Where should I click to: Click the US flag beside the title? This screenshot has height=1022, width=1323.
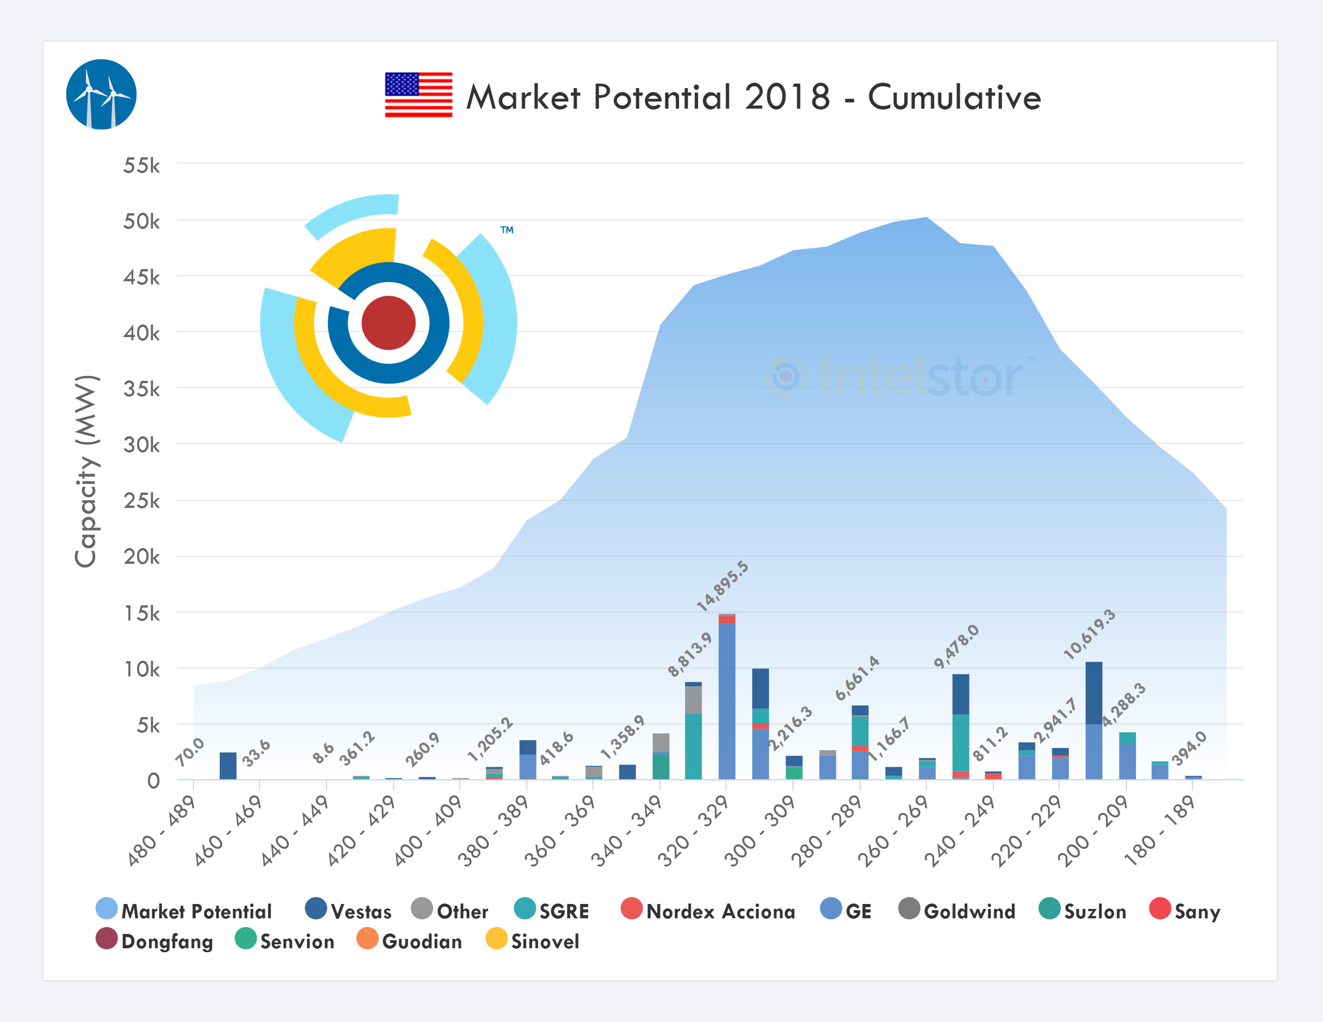pyautogui.click(x=419, y=95)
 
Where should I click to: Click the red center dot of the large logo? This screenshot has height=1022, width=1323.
pyautogui.click(x=388, y=323)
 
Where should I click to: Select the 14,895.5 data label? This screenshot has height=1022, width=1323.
pyautogui.click(x=722, y=586)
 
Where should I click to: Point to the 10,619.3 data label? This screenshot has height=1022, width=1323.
pyautogui.click(x=1089, y=634)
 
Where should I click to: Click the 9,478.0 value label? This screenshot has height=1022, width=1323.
pyautogui.click(x=956, y=646)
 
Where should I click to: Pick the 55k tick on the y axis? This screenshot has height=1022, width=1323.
pyautogui.click(x=142, y=165)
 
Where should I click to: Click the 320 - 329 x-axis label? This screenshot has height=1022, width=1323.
pyautogui.click(x=694, y=831)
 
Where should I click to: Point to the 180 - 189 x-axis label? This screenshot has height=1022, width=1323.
pyautogui.click(x=1160, y=831)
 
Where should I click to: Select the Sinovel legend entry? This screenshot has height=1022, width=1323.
pyautogui.click(x=533, y=941)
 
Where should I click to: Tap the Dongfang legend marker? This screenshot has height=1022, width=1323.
pyautogui.click(x=107, y=938)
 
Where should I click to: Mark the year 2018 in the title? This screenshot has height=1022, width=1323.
pyautogui.click(x=787, y=97)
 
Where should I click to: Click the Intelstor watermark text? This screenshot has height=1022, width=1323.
pyautogui.click(x=921, y=377)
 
